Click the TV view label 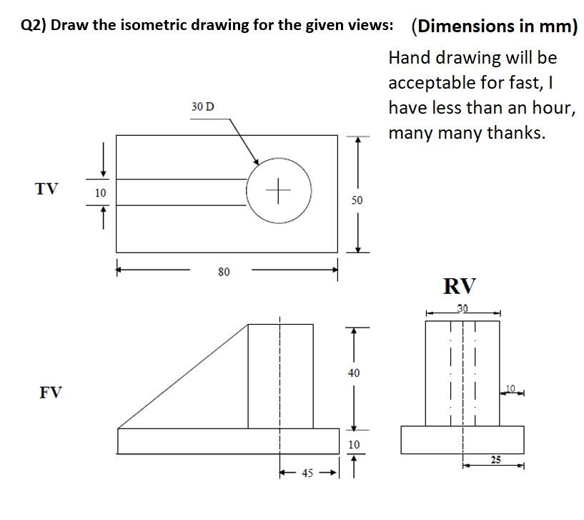tap(46, 189)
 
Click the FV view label tap(50, 393)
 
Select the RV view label tap(459, 287)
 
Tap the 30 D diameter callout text tap(202, 107)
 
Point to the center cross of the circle tap(279, 190)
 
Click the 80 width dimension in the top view tap(224, 272)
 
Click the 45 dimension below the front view tap(307, 474)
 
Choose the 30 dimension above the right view tap(462, 309)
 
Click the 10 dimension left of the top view tap(101, 192)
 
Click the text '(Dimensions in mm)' tap(494, 26)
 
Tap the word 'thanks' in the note tap(515, 133)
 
